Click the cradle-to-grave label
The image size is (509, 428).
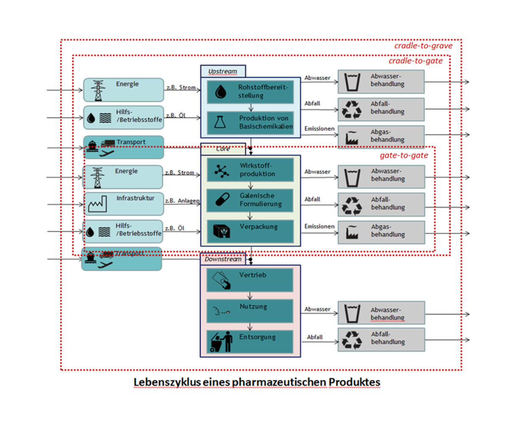pyautogui.click(x=423, y=46)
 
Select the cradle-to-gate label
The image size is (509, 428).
pyautogui.click(x=415, y=61)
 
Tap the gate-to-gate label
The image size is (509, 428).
pyautogui.click(x=403, y=155)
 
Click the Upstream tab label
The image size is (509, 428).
pyautogui.click(x=223, y=71)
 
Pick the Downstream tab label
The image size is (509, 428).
pyautogui.click(x=223, y=259)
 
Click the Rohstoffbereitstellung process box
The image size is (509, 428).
pyautogui.click(x=250, y=92)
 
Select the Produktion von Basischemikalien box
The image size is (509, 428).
pyautogui.click(x=250, y=123)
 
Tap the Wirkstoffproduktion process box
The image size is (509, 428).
pyautogui.click(x=250, y=170)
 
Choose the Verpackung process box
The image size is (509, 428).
pyautogui.click(x=250, y=231)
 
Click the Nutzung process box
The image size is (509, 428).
pyautogui.click(x=250, y=311)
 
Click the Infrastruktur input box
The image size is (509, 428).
pyautogui.click(x=123, y=204)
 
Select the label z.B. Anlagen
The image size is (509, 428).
pyautogui.click(x=182, y=201)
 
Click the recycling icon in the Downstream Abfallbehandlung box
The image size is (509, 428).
pyautogui.click(x=352, y=340)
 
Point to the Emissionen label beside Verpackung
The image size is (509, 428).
pyautogui.click(x=319, y=227)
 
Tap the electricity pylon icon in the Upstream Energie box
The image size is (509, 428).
pyautogui.click(x=98, y=90)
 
